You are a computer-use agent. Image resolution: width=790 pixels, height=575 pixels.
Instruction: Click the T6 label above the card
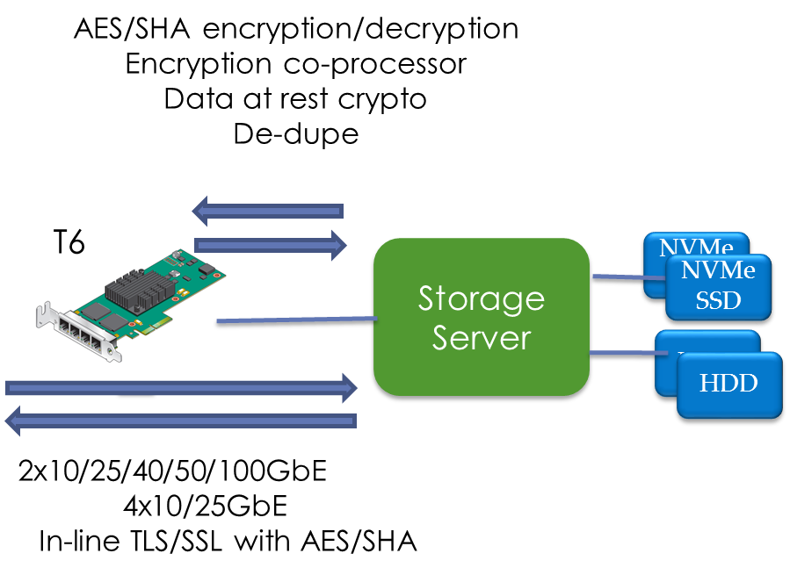(69, 241)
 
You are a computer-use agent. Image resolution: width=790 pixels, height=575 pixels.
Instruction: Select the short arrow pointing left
(268, 211)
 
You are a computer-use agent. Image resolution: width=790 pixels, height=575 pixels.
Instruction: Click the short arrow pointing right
(271, 245)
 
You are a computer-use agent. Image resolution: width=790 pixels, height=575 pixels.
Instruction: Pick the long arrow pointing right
(181, 388)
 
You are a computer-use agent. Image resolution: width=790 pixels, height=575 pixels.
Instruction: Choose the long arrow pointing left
(181, 420)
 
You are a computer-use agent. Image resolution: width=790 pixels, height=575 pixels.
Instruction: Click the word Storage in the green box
(482, 300)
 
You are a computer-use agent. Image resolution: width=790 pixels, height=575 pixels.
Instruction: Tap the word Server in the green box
(482, 337)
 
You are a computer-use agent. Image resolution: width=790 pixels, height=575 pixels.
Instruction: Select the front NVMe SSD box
(719, 287)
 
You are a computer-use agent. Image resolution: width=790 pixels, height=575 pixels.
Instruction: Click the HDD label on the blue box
(728, 383)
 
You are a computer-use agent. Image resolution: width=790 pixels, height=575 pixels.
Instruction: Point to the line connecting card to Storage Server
(297, 320)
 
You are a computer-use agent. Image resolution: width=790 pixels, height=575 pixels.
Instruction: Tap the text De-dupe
(296, 134)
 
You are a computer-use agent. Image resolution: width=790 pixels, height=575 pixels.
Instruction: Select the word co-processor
(375, 65)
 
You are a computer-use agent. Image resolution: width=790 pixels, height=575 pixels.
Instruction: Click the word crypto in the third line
(382, 100)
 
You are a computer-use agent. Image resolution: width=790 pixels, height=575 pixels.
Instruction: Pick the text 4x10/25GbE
(205, 506)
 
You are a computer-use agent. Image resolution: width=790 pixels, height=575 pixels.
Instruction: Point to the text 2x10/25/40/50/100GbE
(173, 471)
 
